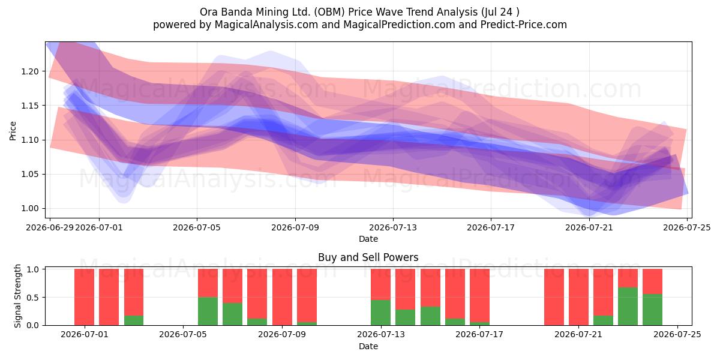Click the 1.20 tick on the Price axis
click(30, 71)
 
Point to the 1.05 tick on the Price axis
click(30, 174)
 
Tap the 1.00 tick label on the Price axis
click(30, 209)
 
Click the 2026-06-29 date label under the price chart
click(50, 227)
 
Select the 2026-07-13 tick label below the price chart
click(393, 227)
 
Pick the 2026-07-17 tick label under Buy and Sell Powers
click(479, 334)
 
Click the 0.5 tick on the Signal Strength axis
click(33, 298)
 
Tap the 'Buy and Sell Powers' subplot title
click(368, 257)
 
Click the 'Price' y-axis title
click(13, 131)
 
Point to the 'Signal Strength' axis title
click(17, 296)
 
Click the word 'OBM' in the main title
click(329, 12)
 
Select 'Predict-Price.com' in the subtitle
click(524, 25)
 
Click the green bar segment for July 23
click(628, 307)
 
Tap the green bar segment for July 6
click(208, 311)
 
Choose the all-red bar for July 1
click(84, 297)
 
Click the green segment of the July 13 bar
click(380, 313)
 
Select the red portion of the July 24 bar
click(653, 281)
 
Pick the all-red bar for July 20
click(554, 297)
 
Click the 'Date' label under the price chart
click(368, 239)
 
